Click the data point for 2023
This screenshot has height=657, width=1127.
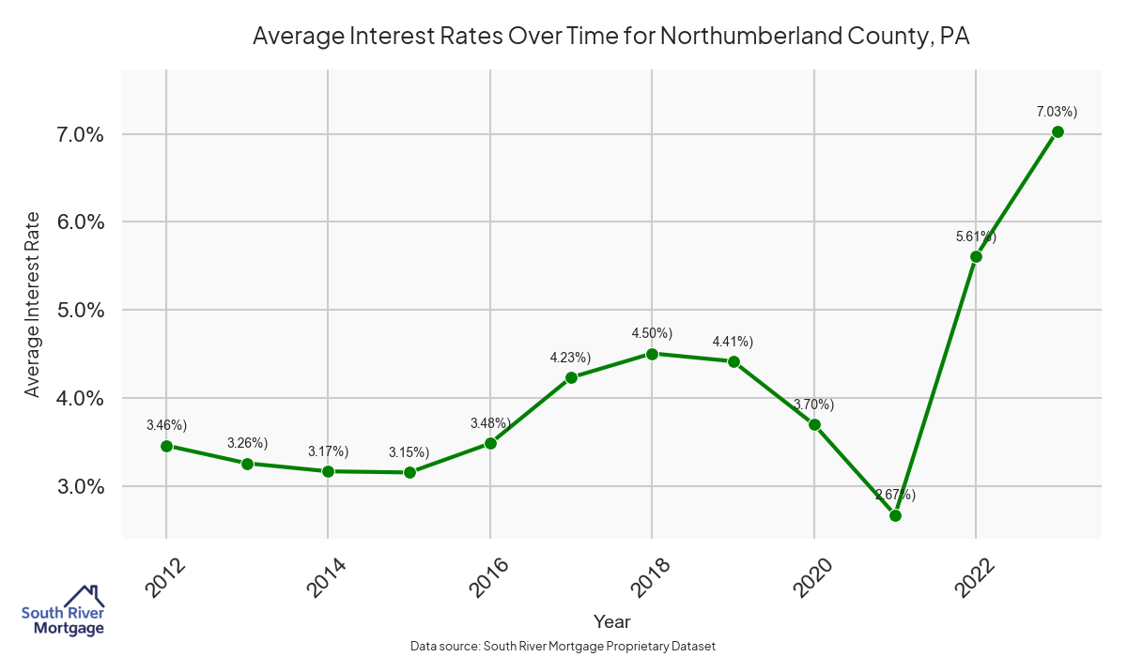(x=1058, y=131)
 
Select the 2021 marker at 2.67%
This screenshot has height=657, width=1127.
(x=895, y=515)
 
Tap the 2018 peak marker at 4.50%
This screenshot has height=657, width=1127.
(x=653, y=354)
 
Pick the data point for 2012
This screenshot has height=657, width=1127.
(x=166, y=446)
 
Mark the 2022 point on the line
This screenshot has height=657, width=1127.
(x=976, y=256)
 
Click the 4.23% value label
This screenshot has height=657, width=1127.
(x=570, y=358)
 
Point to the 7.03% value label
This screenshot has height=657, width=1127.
(x=1057, y=112)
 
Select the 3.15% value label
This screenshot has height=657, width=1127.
(x=409, y=452)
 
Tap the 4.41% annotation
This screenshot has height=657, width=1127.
(x=733, y=342)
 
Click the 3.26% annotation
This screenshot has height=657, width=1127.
(x=247, y=443)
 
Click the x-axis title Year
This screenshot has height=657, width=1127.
(x=612, y=621)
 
